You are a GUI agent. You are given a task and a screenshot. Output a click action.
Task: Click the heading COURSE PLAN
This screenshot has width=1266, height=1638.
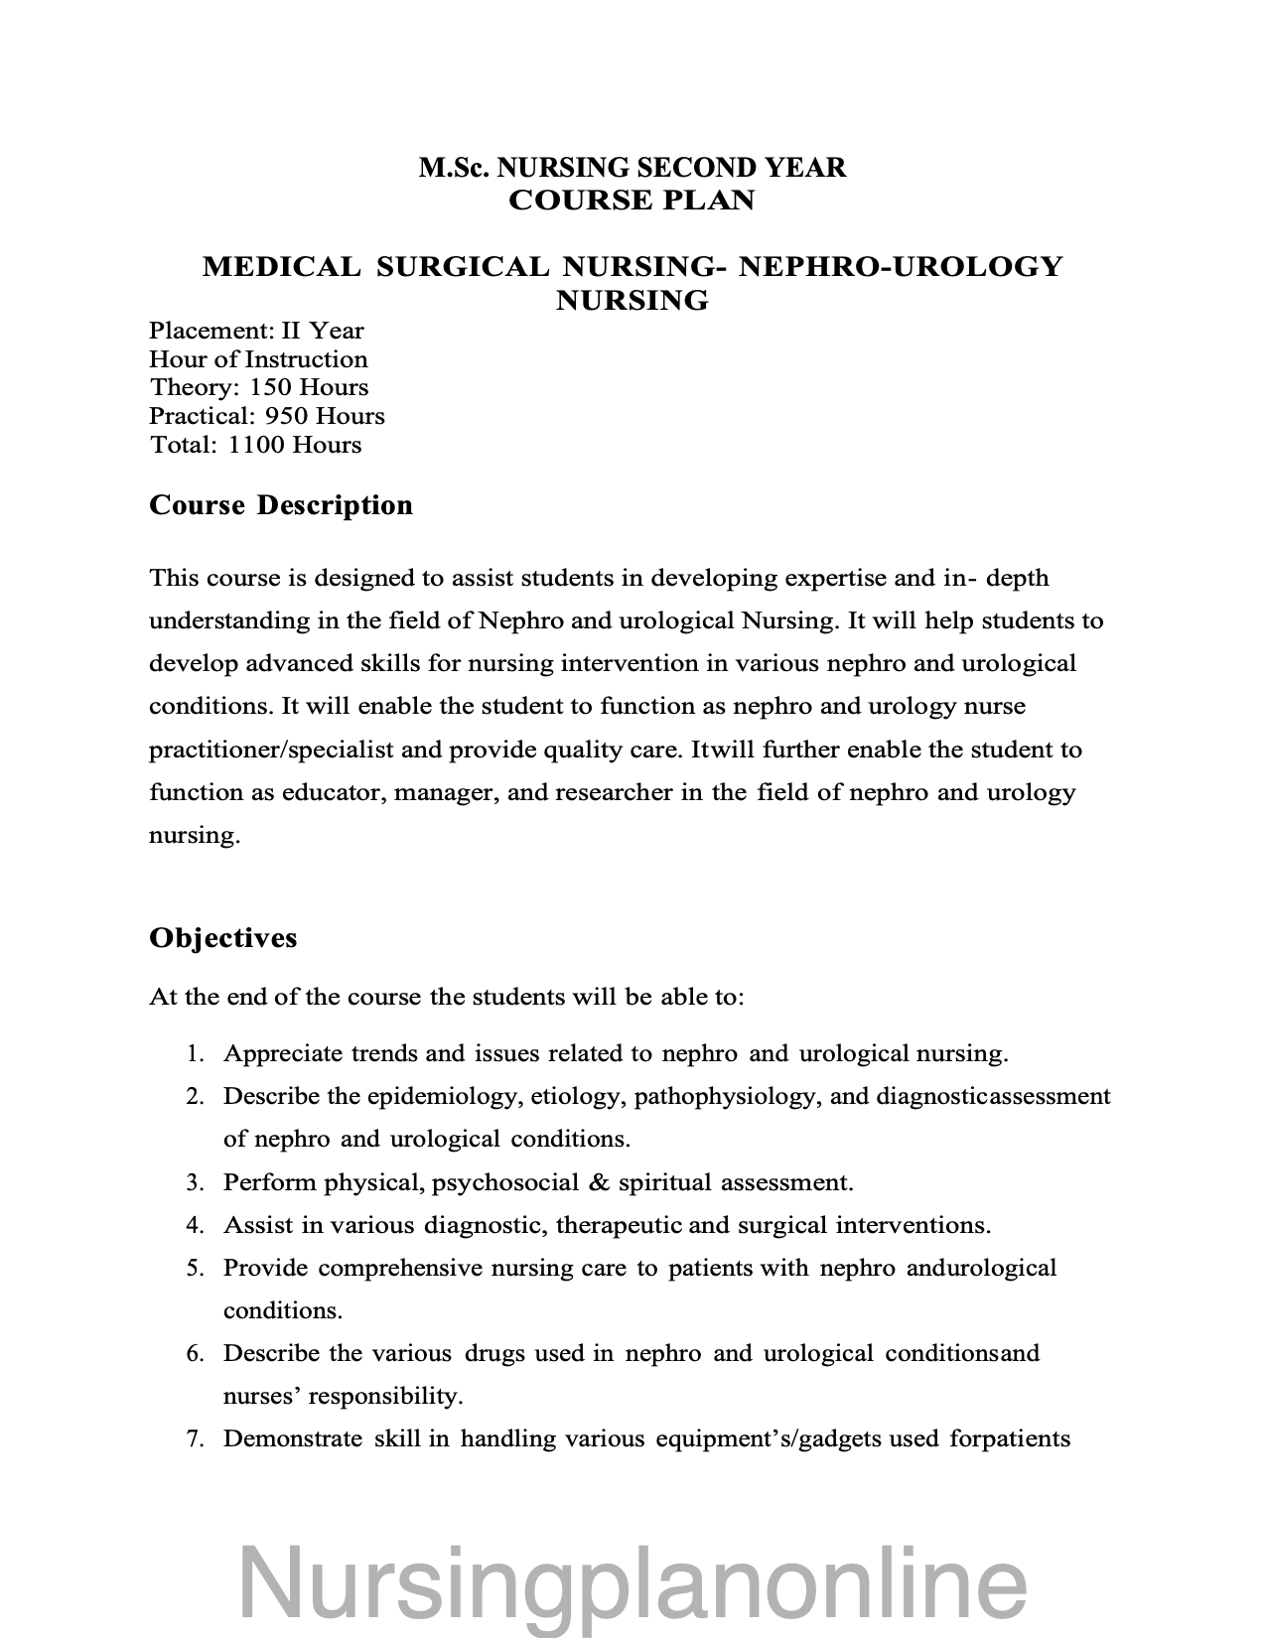click(632, 200)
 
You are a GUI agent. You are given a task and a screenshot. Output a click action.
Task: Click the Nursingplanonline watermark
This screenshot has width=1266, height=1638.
click(633, 1585)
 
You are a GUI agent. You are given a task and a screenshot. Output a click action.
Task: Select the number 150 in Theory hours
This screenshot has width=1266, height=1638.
click(270, 387)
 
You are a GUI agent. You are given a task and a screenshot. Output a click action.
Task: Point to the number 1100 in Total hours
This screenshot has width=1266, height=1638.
click(256, 445)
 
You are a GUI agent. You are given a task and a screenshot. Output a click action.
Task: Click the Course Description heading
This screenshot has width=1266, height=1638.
click(281, 505)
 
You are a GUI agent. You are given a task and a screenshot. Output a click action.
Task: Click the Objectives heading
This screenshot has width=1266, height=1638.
click(222, 938)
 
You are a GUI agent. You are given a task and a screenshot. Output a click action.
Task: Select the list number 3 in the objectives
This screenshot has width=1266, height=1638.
click(195, 1182)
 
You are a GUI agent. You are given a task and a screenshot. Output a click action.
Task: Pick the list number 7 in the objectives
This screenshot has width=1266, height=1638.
click(195, 1438)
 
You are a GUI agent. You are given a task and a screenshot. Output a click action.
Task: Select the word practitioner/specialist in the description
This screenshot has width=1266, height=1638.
click(271, 750)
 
